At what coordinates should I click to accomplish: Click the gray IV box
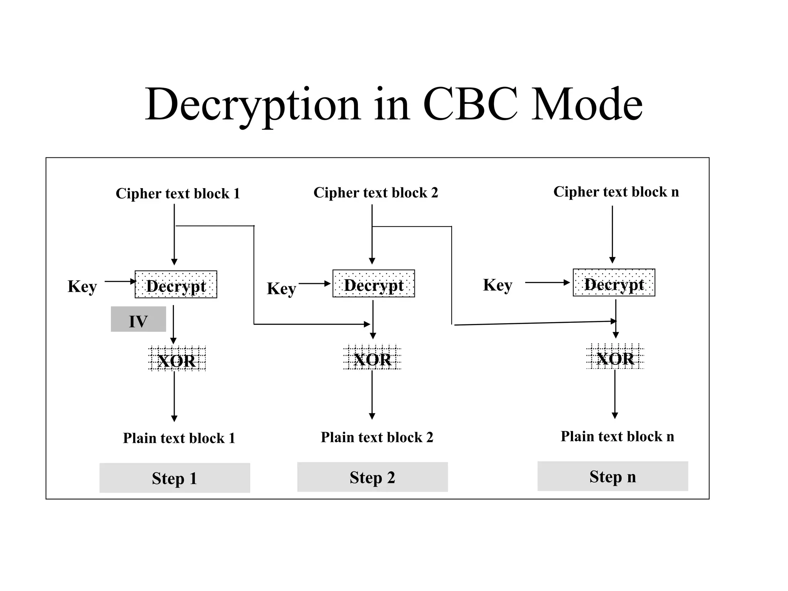click(x=138, y=319)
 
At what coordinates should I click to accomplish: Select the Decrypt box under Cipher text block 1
click(x=176, y=285)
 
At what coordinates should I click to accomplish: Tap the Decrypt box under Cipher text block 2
click(x=374, y=284)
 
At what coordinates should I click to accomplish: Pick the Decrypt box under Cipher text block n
click(x=614, y=283)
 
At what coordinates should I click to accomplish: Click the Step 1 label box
click(x=175, y=478)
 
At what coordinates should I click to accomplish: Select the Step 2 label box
click(x=372, y=477)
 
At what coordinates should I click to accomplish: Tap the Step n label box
click(x=613, y=476)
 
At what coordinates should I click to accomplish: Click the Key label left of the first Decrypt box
click(x=82, y=287)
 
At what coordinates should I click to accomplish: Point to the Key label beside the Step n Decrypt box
click(x=498, y=285)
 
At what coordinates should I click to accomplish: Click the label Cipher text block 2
click(x=376, y=192)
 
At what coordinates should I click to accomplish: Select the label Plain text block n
click(x=617, y=436)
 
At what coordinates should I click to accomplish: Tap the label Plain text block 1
click(x=179, y=438)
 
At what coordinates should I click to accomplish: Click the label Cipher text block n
click(x=616, y=192)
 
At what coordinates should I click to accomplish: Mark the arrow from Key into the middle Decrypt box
click(x=314, y=284)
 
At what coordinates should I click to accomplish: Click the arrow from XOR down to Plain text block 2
click(x=372, y=394)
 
